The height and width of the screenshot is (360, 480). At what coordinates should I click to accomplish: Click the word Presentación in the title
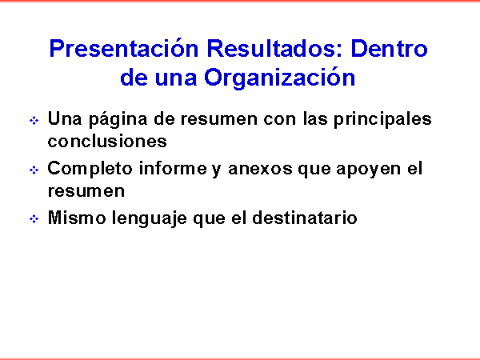pyautogui.click(x=124, y=48)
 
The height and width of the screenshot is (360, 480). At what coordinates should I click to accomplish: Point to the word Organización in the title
pyautogui.click(x=279, y=78)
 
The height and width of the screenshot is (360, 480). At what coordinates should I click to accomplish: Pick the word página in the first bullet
pyautogui.click(x=118, y=119)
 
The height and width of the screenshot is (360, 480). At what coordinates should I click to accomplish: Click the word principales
pyautogui.click(x=382, y=118)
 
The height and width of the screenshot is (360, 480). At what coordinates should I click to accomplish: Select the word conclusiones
pyautogui.click(x=107, y=141)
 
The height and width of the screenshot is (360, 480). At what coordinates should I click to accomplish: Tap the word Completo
pyautogui.click(x=90, y=170)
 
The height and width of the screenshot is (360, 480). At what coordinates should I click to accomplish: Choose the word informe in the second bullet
pyautogui.click(x=173, y=168)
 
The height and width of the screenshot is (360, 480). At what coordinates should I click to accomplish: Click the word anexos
pyautogui.click(x=260, y=169)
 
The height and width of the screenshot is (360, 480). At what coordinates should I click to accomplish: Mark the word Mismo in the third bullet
pyautogui.click(x=77, y=218)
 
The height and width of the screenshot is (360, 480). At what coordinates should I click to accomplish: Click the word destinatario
pyautogui.click(x=305, y=218)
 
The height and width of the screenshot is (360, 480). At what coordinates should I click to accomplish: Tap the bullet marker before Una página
pyautogui.click(x=34, y=120)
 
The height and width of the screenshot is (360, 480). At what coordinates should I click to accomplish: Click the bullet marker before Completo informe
pyautogui.click(x=34, y=170)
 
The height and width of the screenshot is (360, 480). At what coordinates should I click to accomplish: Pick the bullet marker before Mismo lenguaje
pyautogui.click(x=34, y=219)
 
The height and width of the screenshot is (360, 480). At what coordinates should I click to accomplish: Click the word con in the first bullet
pyautogui.click(x=280, y=120)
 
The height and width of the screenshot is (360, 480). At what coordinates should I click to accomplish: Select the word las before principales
pyautogui.click(x=315, y=118)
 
